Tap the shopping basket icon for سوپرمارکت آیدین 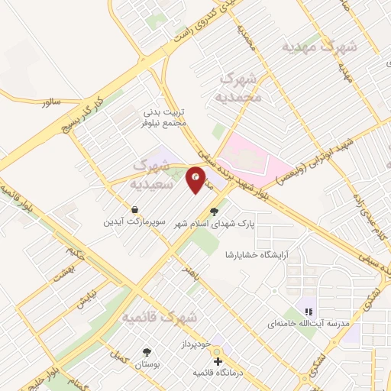point(134,208)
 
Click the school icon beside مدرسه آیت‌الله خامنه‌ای point(309,312)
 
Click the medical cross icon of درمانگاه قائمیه point(218,360)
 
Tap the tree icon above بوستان point(147,352)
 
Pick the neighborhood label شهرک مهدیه point(319,47)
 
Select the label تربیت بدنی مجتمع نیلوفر point(163,117)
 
